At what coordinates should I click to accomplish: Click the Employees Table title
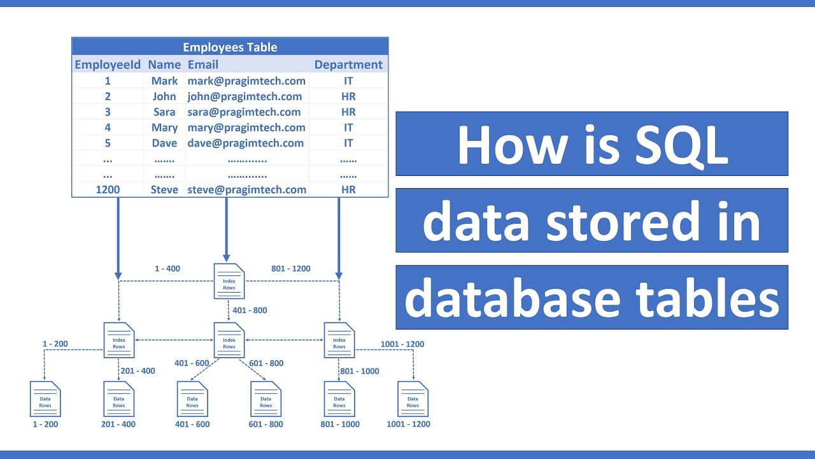230,47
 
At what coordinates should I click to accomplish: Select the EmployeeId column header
108,64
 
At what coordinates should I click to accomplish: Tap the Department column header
348,64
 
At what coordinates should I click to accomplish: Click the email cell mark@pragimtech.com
246,81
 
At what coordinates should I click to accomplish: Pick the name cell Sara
164,112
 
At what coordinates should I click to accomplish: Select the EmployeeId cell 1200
108,189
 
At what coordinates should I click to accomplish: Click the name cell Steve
164,189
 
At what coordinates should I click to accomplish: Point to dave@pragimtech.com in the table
245,143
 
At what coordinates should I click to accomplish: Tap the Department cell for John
348,97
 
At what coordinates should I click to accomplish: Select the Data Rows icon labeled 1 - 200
45,398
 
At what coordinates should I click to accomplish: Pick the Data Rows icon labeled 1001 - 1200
413,398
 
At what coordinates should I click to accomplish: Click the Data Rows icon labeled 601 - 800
266,398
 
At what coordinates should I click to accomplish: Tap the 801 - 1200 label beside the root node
291,268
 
